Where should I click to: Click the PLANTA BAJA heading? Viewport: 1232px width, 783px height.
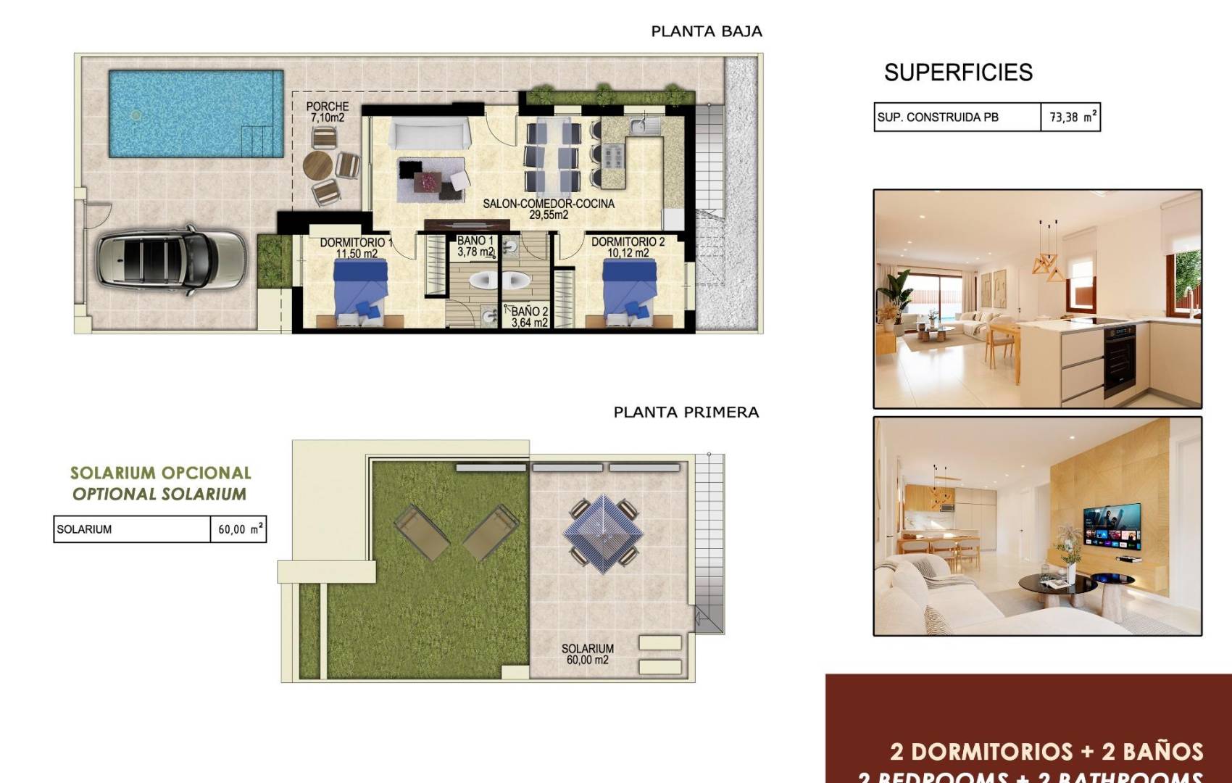click(x=706, y=31)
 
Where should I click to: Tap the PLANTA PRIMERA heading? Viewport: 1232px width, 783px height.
click(x=686, y=412)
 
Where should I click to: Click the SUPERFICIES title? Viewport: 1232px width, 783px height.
click(x=957, y=72)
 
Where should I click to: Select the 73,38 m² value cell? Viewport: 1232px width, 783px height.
click(x=1071, y=117)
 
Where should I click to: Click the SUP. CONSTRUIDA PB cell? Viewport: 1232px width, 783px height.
click(x=957, y=117)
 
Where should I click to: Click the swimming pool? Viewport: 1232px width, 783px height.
click(x=196, y=113)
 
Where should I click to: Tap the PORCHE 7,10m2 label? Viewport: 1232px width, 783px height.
click(x=328, y=112)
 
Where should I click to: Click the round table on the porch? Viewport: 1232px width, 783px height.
click(x=317, y=165)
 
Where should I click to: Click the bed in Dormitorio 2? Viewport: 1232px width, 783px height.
click(x=629, y=293)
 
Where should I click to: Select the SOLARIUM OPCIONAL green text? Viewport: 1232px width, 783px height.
click(x=160, y=473)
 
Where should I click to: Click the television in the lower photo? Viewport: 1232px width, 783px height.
click(x=1112, y=527)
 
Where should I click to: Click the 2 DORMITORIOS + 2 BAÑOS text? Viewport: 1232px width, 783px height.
click(x=1046, y=751)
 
